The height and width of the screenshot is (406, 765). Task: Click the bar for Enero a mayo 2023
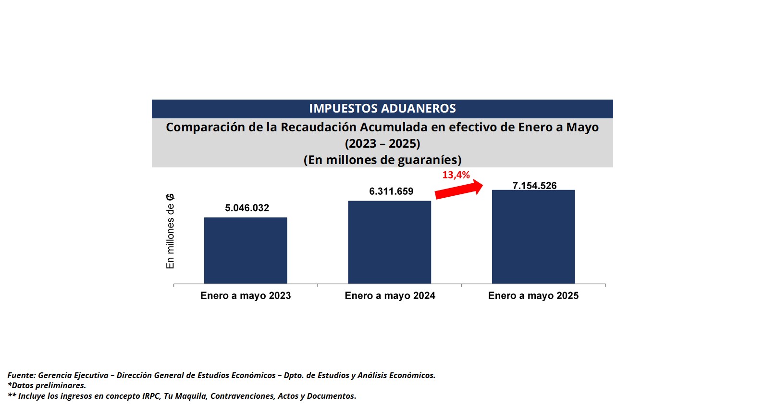point(246,250)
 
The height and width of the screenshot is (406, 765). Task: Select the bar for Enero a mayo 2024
point(389,242)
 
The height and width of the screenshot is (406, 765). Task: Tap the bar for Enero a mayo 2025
point(533,237)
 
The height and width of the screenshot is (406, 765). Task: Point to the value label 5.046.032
point(247,208)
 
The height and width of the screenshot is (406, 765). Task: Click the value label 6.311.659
point(391,191)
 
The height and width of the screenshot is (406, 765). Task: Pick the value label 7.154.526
point(534,185)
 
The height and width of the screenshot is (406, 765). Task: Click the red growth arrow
point(459,189)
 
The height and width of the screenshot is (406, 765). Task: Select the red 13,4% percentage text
point(456,175)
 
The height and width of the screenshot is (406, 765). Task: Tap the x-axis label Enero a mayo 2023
point(246,296)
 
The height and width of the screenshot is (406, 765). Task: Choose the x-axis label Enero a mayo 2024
point(390,296)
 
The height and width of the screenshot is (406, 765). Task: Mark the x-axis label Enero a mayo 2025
point(533,296)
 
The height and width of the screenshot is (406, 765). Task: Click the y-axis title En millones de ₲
point(170,231)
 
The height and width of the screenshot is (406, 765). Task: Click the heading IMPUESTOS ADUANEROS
point(382,109)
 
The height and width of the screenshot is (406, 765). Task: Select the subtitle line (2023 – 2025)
point(382,144)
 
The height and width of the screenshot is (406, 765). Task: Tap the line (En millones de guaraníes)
point(382,160)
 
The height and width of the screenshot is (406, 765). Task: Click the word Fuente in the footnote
point(21,375)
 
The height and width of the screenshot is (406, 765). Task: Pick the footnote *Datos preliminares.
point(47,385)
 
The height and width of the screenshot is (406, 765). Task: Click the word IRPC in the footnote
point(151,396)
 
